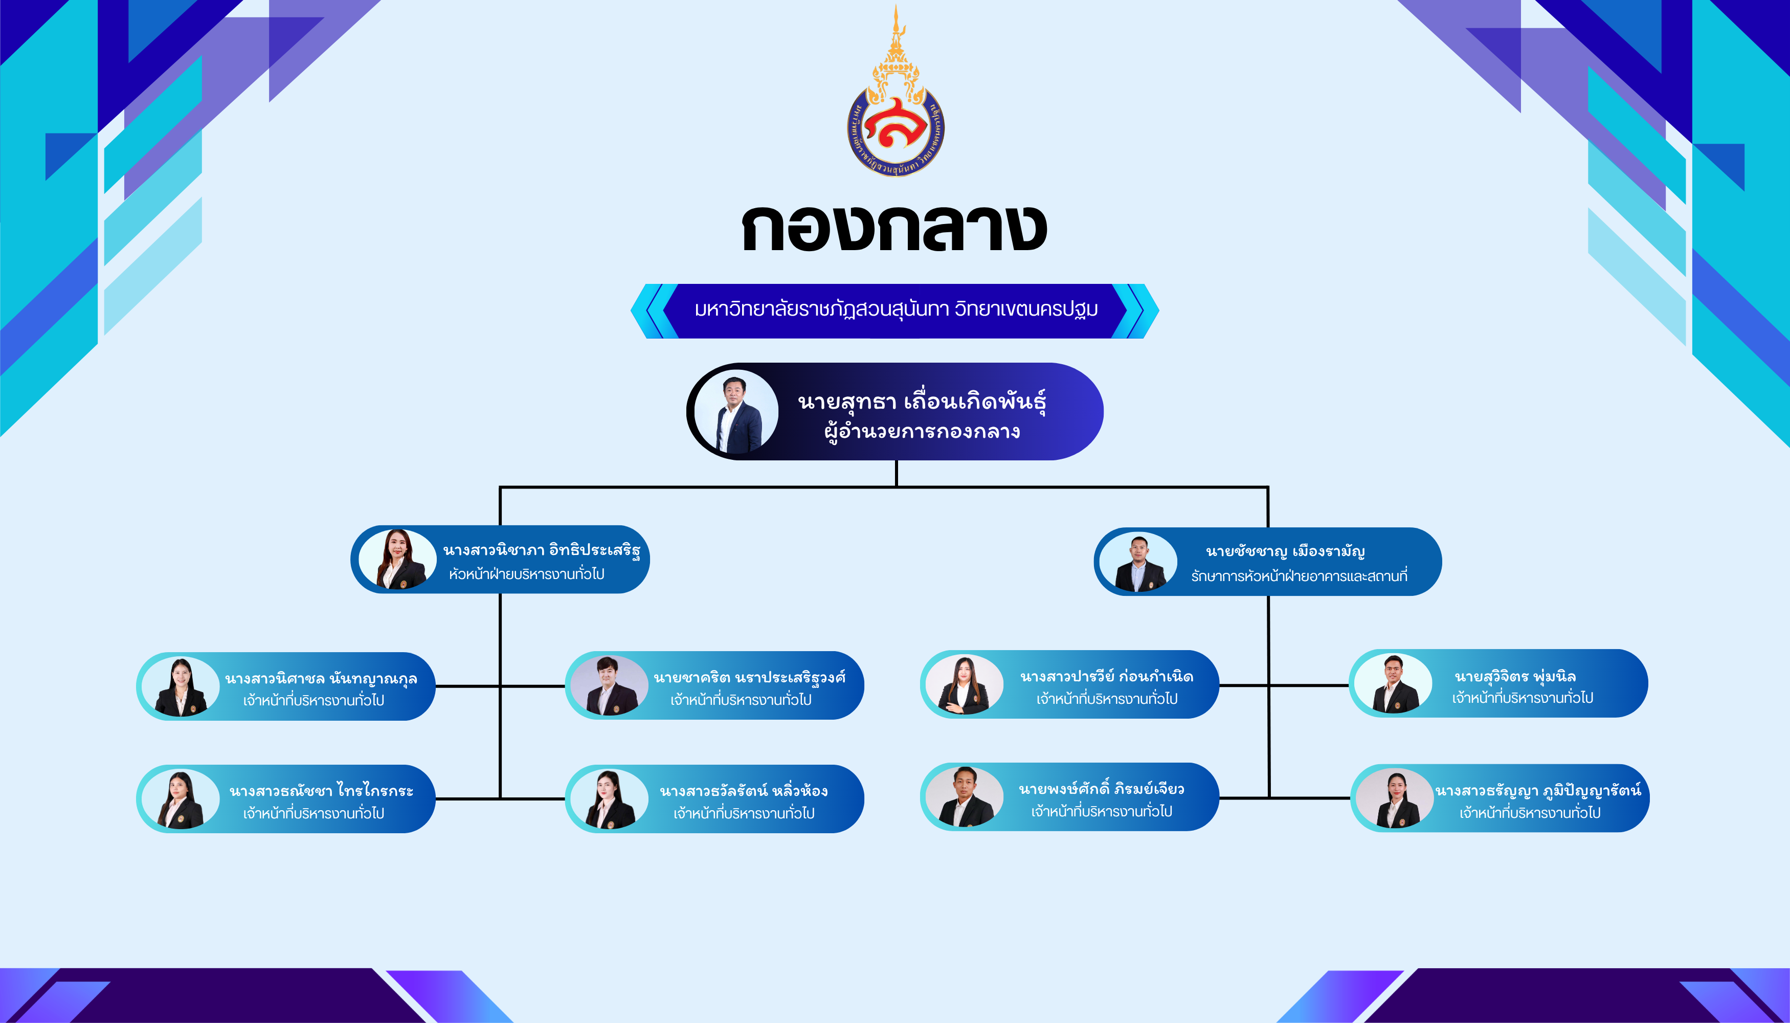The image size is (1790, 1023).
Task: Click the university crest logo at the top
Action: click(x=895, y=92)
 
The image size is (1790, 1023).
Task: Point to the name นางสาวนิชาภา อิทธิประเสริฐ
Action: click(x=542, y=550)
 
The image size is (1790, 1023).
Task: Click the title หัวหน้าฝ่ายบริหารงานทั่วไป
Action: click(x=527, y=574)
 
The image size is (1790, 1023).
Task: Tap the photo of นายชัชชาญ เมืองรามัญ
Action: click(x=1138, y=562)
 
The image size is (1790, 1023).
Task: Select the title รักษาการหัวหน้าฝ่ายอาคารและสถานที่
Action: click(x=1299, y=576)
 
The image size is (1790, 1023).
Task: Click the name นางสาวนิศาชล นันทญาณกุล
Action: click(x=321, y=679)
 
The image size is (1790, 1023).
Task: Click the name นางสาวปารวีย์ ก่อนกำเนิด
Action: click(x=1106, y=677)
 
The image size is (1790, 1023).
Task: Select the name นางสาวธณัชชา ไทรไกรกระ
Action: click(x=321, y=791)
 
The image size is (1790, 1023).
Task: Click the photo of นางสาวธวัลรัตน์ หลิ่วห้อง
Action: click(x=609, y=799)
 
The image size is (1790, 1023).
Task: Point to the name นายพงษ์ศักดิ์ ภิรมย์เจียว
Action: click(x=1102, y=790)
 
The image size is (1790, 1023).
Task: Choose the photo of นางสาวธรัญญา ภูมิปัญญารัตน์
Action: click(x=1395, y=798)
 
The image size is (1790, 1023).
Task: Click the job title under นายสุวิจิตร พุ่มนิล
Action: click(x=1523, y=698)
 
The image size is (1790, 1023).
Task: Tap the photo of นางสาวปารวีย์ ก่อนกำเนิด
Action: click(x=965, y=684)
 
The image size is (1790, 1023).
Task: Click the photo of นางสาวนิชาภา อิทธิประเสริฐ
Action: click(x=397, y=559)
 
